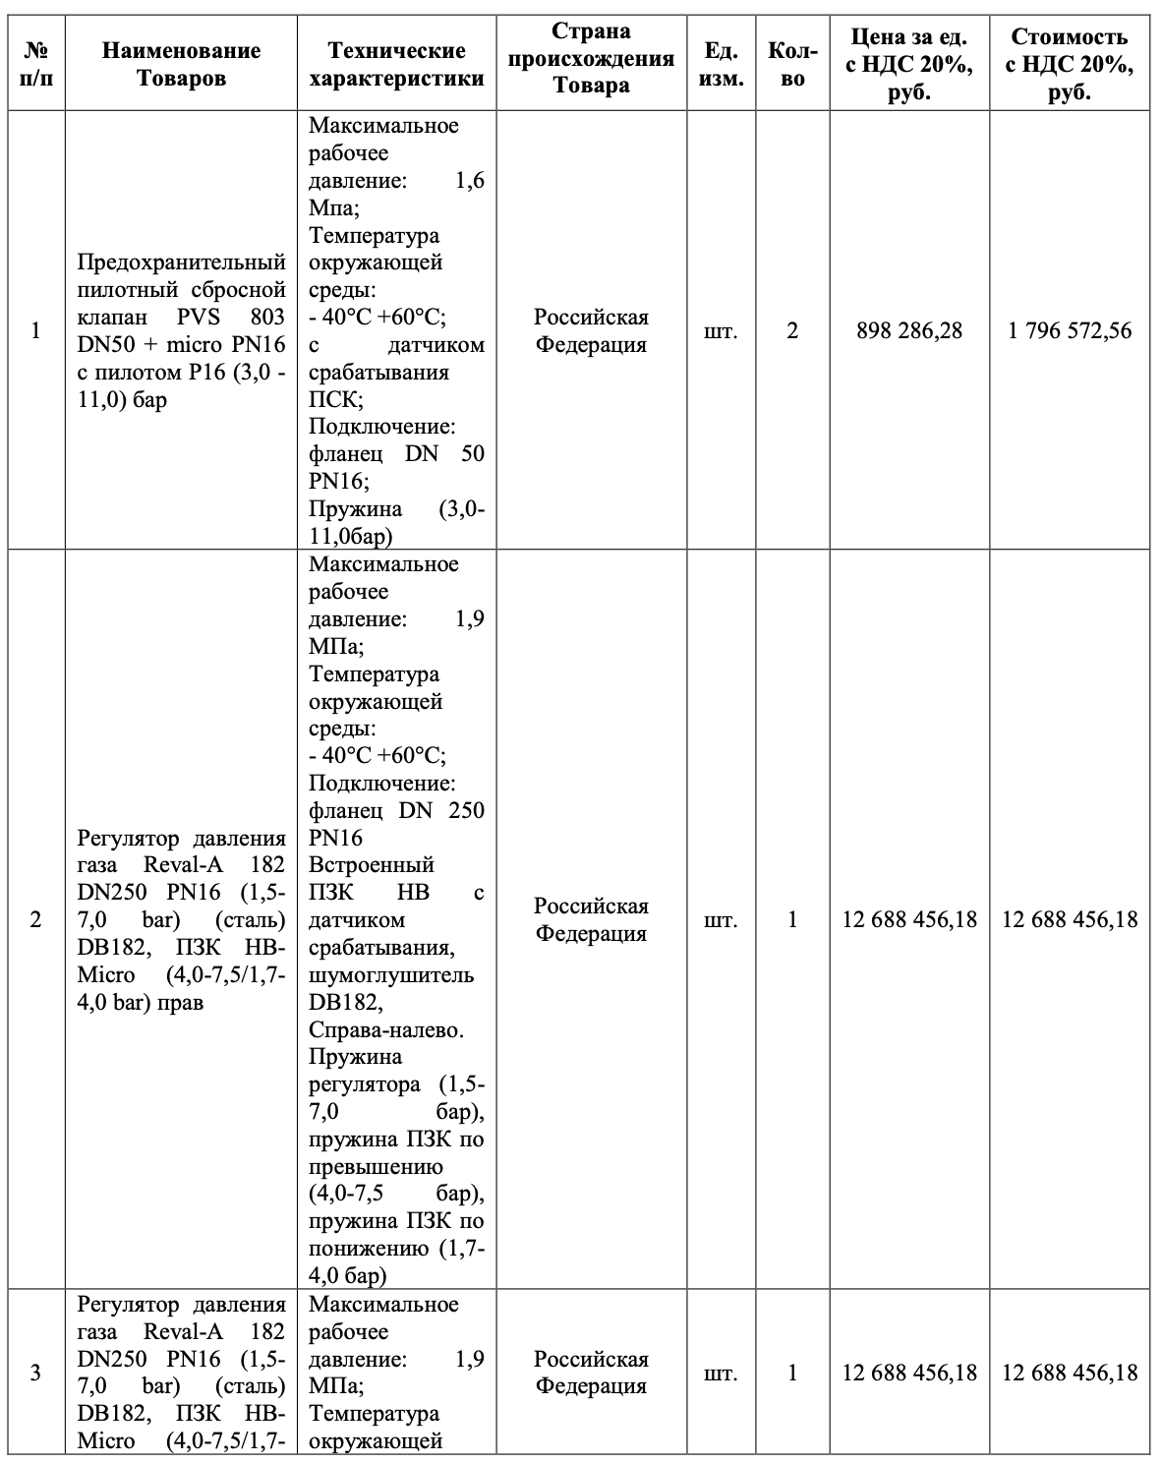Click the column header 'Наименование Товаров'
(x=181, y=63)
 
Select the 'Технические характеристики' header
(x=396, y=63)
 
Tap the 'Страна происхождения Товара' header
(x=591, y=59)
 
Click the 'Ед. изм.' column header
(x=721, y=63)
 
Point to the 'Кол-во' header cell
(x=791, y=63)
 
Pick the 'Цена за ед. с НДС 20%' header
(x=908, y=64)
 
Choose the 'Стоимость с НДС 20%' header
(x=1069, y=64)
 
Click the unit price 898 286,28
(x=908, y=330)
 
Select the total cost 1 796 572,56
(x=1070, y=330)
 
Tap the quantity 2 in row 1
(x=792, y=330)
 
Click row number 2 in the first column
(x=36, y=919)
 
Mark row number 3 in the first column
(x=36, y=1373)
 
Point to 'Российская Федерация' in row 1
(x=591, y=330)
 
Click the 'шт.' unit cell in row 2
(x=721, y=919)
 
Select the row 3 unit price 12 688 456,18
(x=909, y=1373)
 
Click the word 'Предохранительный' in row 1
(x=181, y=263)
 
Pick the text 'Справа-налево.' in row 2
(x=385, y=1029)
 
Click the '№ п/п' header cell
(x=36, y=63)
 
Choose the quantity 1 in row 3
(x=792, y=1373)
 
